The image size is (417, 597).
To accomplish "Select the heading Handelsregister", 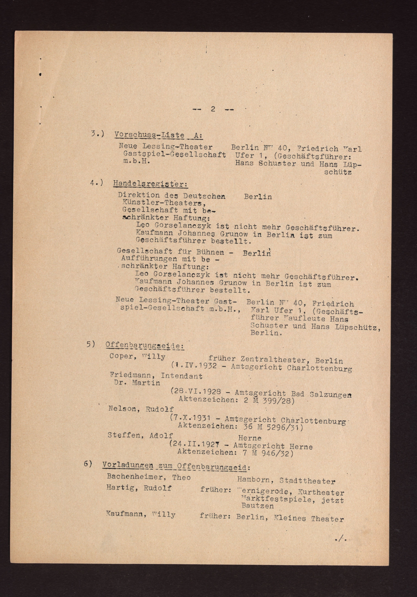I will click(x=150, y=184).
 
